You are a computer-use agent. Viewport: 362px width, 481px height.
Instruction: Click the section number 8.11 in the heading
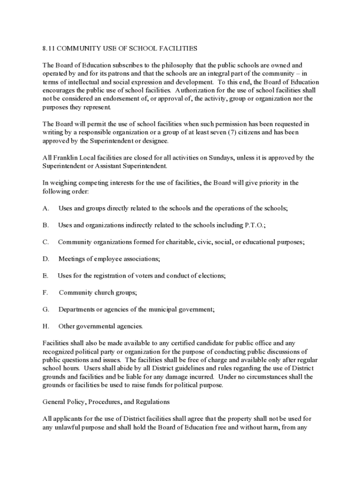point(48,48)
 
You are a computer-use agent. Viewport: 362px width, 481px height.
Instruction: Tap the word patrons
point(121,73)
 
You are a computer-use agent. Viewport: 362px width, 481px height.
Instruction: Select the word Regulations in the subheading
point(153,402)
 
